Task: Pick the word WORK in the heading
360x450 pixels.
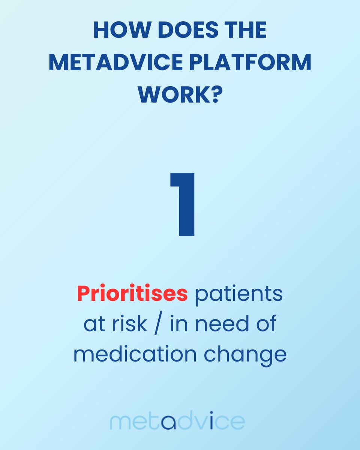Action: click(x=172, y=96)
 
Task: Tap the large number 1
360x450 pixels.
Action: click(x=183, y=204)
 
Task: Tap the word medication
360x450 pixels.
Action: click(x=134, y=354)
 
